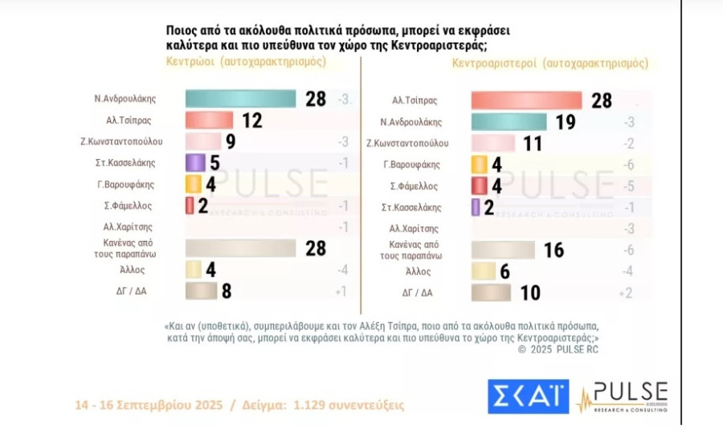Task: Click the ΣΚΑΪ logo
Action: coord(528,397)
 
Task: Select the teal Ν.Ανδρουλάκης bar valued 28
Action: coord(242,99)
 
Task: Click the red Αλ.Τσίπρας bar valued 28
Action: coord(526,100)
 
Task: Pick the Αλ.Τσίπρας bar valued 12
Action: coord(209,120)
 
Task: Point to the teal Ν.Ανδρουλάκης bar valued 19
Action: coord(508,122)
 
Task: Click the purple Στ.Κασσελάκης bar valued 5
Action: coord(195,162)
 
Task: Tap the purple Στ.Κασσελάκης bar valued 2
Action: coord(476,207)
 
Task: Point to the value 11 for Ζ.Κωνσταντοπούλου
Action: coord(533,144)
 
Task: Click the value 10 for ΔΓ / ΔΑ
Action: coord(529,293)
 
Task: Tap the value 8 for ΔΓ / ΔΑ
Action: coord(227,291)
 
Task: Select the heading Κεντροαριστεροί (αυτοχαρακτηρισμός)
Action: coord(550,63)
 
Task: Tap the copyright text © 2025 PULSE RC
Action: coord(559,348)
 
